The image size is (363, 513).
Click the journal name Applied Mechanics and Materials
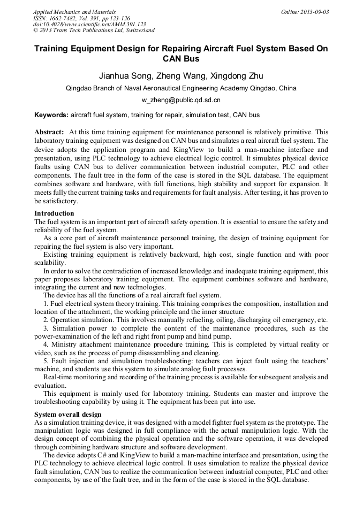click(x=74, y=12)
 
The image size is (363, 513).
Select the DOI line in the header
click(x=89, y=25)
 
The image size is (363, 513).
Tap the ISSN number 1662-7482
click(x=66, y=18)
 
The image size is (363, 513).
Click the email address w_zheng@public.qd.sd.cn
click(x=181, y=100)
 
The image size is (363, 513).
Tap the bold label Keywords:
click(x=51, y=114)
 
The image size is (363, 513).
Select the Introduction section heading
click(x=54, y=213)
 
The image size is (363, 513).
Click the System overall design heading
click(x=69, y=415)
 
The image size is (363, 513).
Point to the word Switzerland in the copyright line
click(x=137, y=31)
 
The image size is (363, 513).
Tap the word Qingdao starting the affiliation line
click(x=78, y=88)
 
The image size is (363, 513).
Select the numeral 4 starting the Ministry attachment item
click(x=46, y=344)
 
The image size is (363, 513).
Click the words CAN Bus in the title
click(x=181, y=58)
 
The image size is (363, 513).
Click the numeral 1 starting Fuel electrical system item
click(x=46, y=304)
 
